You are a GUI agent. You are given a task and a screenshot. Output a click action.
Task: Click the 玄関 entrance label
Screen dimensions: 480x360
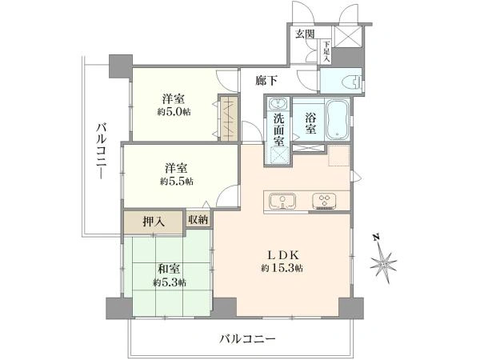click(x=305, y=34)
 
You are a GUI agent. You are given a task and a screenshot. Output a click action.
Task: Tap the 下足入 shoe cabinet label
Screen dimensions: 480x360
click(x=326, y=51)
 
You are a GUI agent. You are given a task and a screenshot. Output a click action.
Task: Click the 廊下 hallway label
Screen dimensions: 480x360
click(x=266, y=81)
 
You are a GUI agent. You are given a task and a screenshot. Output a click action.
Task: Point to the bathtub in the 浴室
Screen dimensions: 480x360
click(x=338, y=120)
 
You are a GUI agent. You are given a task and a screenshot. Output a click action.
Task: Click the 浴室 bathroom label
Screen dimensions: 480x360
click(x=310, y=124)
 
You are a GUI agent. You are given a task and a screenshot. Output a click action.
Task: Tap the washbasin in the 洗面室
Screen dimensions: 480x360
click(x=278, y=103)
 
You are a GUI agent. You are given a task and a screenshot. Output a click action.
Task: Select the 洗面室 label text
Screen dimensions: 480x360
click(x=279, y=130)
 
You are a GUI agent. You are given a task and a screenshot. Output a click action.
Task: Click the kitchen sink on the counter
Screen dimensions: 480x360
click(x=282, y=201)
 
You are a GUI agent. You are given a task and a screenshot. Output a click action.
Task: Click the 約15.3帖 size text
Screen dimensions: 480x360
click(x=282, y=269)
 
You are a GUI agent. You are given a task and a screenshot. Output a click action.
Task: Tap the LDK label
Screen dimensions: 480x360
click(x=283, y=254)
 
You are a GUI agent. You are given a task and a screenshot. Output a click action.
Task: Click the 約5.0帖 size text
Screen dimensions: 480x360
click(x=174, y=112)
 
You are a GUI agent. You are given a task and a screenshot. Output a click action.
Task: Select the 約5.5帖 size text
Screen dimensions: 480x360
click(x=177, y=182)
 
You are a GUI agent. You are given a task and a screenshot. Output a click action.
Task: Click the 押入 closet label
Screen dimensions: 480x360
click(x=154, y=222)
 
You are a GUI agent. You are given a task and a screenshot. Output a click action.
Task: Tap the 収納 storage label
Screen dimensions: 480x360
click(x=198, y=219)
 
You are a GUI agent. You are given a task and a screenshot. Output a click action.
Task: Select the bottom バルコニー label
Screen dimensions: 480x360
click(x=248, y=339)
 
